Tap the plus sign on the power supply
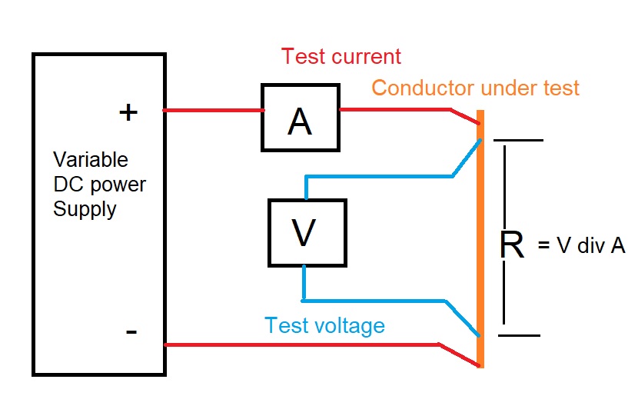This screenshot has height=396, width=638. pos(128,112)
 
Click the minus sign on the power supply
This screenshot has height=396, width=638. pos(131,331)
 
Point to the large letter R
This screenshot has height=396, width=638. pos(512,245)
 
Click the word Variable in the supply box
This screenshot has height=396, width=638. pos(91,160)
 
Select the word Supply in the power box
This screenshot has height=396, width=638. pos(85,209)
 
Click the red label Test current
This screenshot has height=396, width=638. pos(341,57)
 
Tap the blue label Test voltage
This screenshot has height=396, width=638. pos(324,325)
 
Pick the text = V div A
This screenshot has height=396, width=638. pos(582,245)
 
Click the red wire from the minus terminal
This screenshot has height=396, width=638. pos(307,345)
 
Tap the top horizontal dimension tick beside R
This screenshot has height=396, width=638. pos(518,140)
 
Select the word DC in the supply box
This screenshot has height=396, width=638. pos(68,185)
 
